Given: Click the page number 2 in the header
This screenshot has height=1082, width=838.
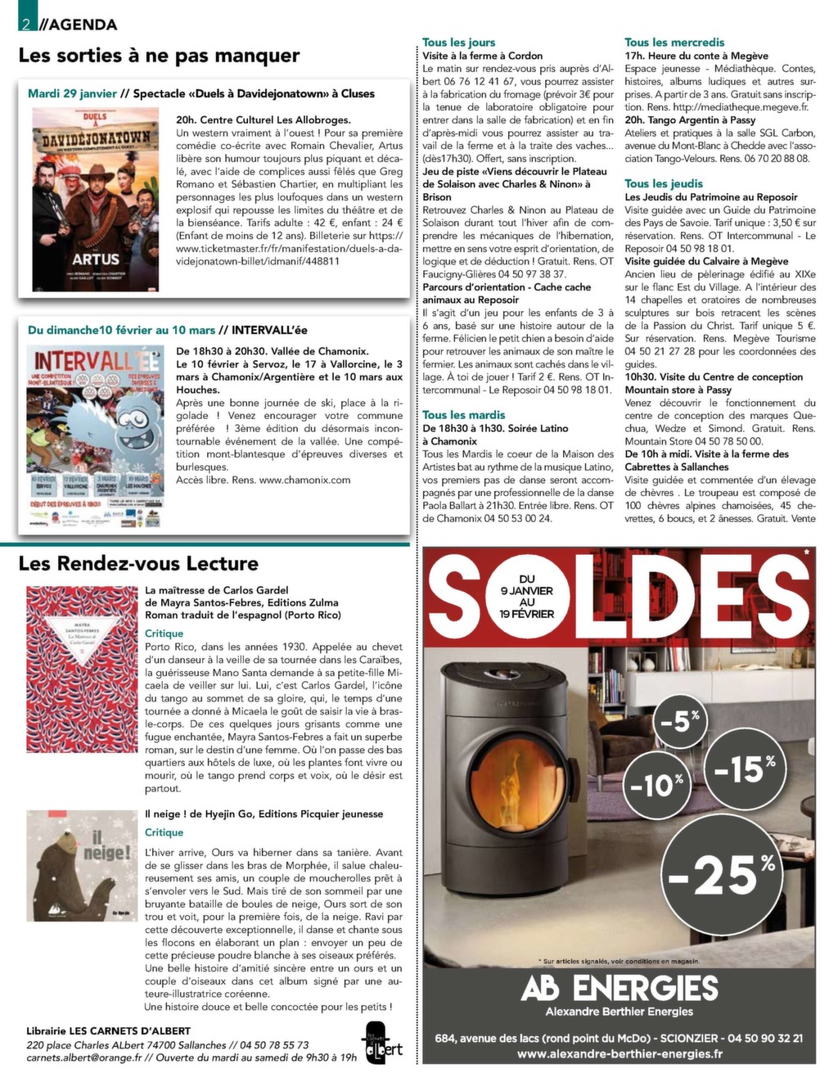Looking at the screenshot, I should tap(26, 24).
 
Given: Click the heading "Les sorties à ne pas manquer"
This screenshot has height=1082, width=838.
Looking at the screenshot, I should tap(159, 56).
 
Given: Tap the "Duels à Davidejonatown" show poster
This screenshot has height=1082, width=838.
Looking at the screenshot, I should tap(96, 199).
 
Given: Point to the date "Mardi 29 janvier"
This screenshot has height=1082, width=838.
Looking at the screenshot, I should tap(72, 93).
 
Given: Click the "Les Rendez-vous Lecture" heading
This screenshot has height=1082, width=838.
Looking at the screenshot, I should tap(137, 563).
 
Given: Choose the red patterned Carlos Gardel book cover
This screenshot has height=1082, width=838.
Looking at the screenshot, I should tap(81, 669).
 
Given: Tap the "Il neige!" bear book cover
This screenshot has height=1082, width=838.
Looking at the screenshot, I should tap(81, 865).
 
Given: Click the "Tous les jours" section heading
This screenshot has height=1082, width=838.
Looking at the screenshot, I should tap(458, 43).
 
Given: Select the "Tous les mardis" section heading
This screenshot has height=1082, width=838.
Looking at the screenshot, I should tap(463, 415).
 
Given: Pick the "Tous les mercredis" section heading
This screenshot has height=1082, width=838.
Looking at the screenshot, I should tap(674, 43).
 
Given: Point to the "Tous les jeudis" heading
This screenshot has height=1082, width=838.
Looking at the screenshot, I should tap(664, 184).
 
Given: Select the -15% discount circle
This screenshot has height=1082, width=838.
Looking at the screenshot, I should tap(743, 769).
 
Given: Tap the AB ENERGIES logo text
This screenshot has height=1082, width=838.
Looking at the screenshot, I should tap(619, 988).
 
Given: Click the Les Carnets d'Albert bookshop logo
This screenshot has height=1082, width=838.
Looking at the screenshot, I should tap(382, 1044).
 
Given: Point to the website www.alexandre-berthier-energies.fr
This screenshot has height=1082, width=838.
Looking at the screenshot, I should tap(619, 1054).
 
